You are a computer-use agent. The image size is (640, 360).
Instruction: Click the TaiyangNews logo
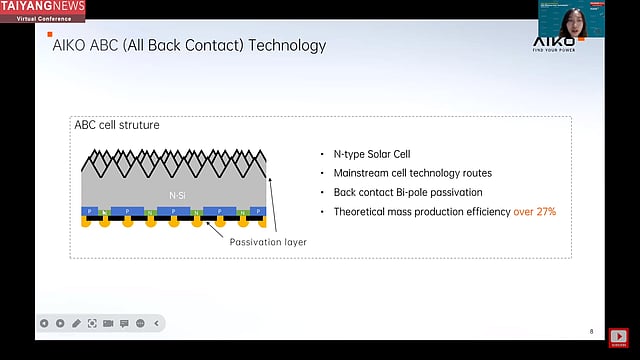[42, 10]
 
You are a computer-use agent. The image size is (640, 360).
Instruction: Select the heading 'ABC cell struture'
[116, 125]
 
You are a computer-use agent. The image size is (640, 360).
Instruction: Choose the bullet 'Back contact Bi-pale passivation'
[410, 192]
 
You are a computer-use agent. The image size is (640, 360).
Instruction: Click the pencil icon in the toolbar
[76, 323]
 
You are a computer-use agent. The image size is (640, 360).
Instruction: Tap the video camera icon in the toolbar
[108, 323]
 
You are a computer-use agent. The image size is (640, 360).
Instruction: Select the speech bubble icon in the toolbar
[124, 323]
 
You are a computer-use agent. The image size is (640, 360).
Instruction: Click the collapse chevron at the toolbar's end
[158, 323]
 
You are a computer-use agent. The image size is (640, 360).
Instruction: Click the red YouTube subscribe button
[619, 337]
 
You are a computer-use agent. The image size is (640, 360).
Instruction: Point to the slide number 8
[591, 331]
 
